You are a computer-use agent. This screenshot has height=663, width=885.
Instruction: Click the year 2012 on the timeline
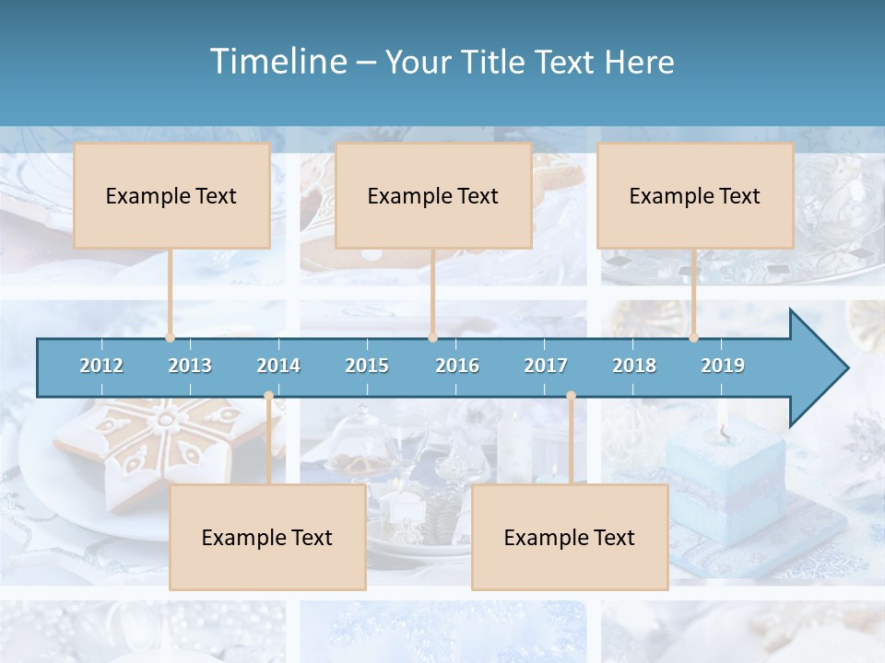[x=101, y=366]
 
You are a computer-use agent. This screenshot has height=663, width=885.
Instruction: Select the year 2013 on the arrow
[x=190, y=366]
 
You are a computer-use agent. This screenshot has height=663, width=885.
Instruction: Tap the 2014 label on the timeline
[x=278, y=366]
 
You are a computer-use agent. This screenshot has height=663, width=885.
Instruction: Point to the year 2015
[x=367, y=366]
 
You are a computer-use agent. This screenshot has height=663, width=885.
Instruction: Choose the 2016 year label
[x=457, y=366]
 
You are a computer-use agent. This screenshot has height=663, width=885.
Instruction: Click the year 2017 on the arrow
[x=546, y=366]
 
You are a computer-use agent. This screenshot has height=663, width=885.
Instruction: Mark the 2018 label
[x=634, y=366]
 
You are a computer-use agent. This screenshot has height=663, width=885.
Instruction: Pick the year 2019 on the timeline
[x=723, y=366]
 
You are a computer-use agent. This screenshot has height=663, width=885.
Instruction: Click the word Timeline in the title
[x=277, y=62]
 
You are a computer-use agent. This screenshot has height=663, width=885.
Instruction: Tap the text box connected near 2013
[x=171, y=195]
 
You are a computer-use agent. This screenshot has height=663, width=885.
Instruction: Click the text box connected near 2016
[x=433, y=195]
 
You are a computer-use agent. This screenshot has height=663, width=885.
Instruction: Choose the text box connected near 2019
[x=695, y=195]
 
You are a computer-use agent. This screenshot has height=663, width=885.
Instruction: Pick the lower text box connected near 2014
[x=267, y=538]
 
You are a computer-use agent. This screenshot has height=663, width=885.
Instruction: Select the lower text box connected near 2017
[x=570, y=538]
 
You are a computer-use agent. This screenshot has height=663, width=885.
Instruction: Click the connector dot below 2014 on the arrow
[x=268, y=396]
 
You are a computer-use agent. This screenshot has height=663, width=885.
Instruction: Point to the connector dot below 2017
[x=571, y=396]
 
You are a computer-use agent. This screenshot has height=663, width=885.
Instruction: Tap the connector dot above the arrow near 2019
[x=693, y=337]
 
